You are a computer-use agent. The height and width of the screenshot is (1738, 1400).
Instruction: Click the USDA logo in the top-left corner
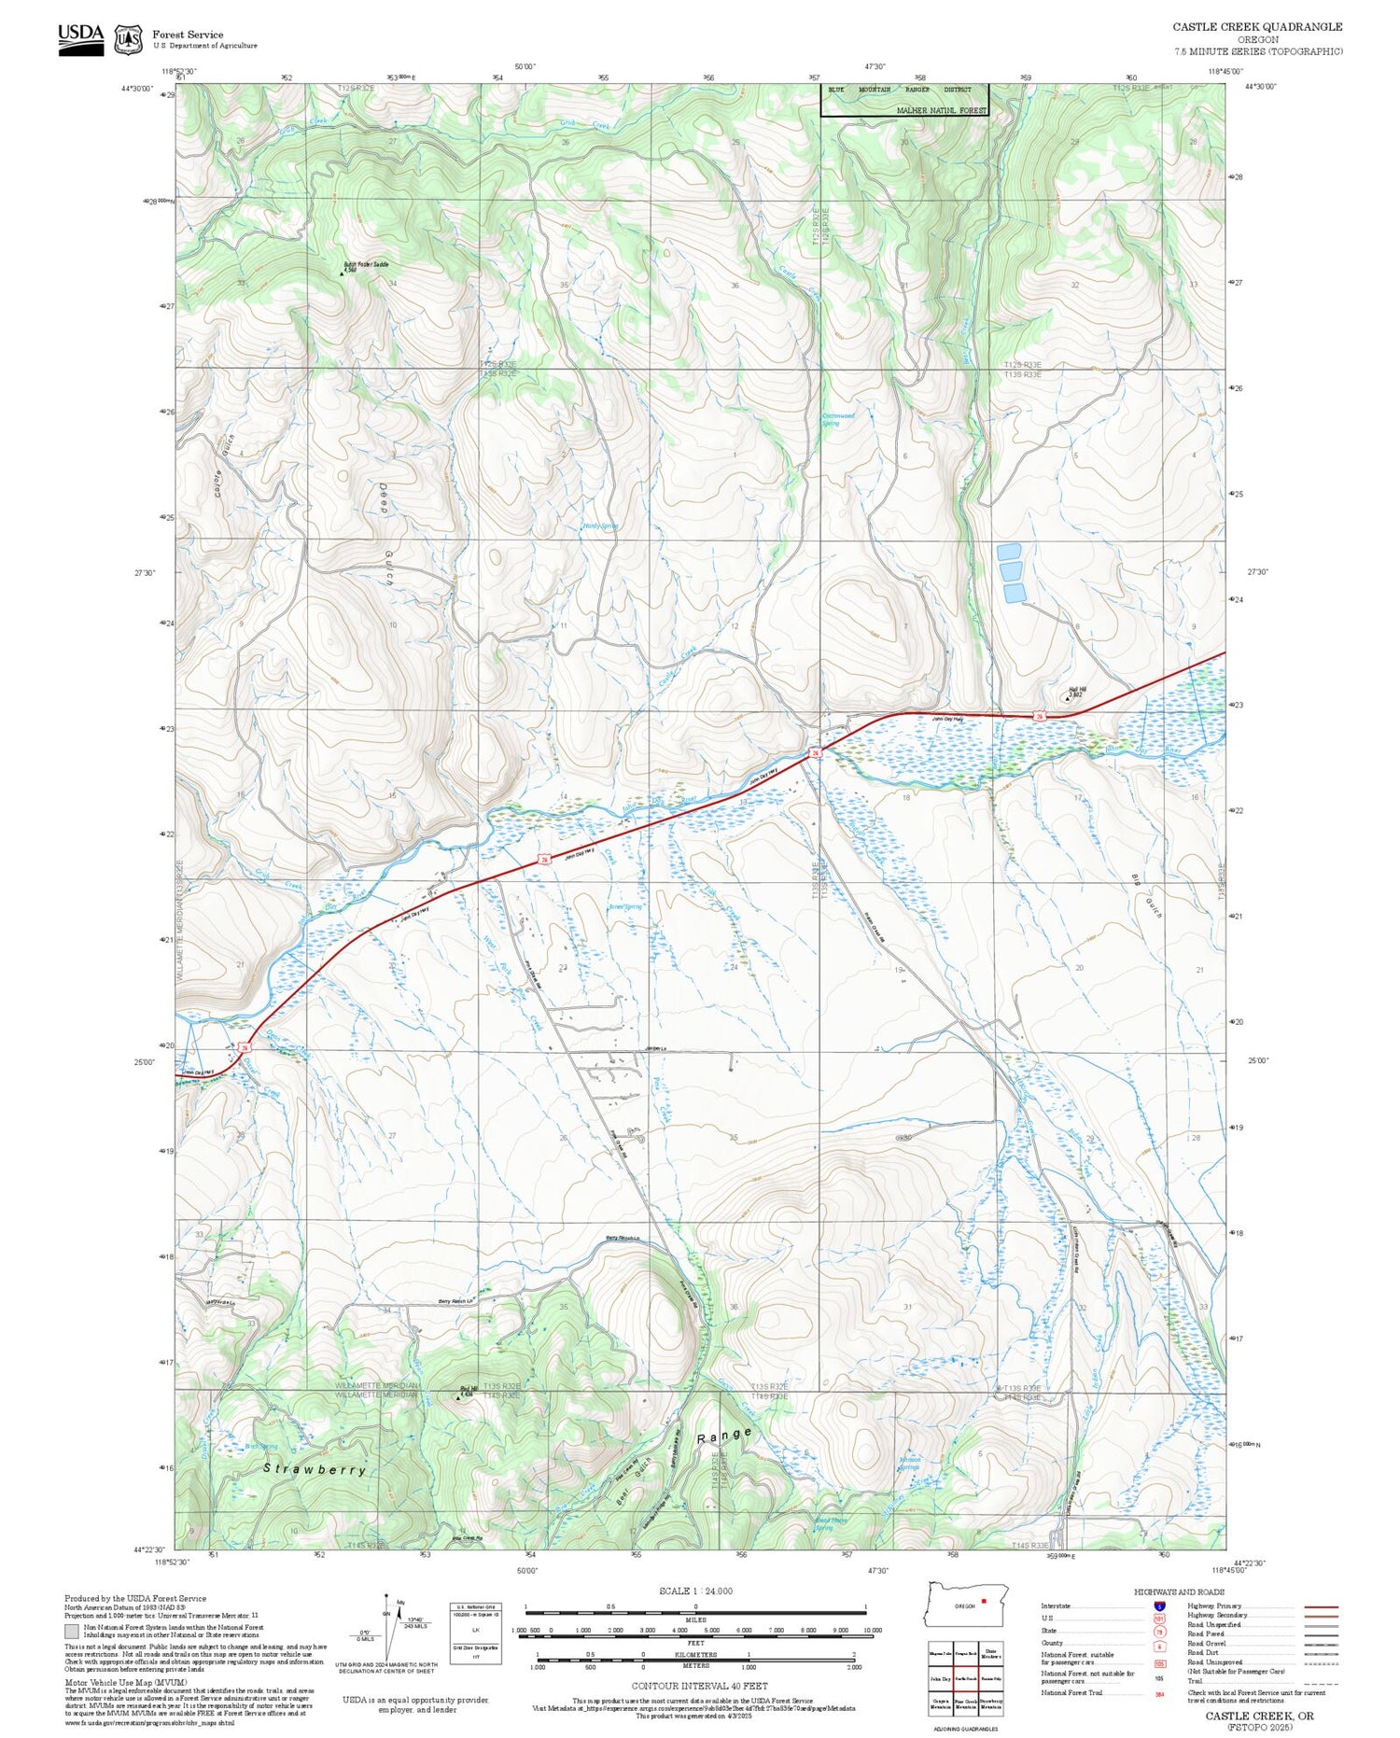tap(81, 39)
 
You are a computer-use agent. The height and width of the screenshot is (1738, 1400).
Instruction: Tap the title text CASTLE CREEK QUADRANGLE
tap(1257, 27)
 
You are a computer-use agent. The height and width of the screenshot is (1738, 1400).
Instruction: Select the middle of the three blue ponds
tap(1011, 571)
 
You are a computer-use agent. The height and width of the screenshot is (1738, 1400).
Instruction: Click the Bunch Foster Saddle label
tap(365, 265)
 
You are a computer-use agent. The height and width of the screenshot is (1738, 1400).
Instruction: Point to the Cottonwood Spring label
tap(836, 419)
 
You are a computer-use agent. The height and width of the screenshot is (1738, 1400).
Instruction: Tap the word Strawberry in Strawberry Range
tap(315, 1469)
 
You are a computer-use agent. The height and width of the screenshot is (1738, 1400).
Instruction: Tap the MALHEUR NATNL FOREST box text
tap(941, 110)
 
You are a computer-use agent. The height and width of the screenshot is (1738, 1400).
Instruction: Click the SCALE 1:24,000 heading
tap(695, 1591)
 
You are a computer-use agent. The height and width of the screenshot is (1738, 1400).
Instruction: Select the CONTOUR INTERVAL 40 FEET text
tap(699, 1686)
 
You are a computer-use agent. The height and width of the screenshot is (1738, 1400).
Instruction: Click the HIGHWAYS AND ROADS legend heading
tap(1179, 1591)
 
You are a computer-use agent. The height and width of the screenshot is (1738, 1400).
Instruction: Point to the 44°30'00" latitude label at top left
tap(136, 88)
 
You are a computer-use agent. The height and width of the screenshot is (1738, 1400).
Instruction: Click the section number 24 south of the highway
tap(734, 967)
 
